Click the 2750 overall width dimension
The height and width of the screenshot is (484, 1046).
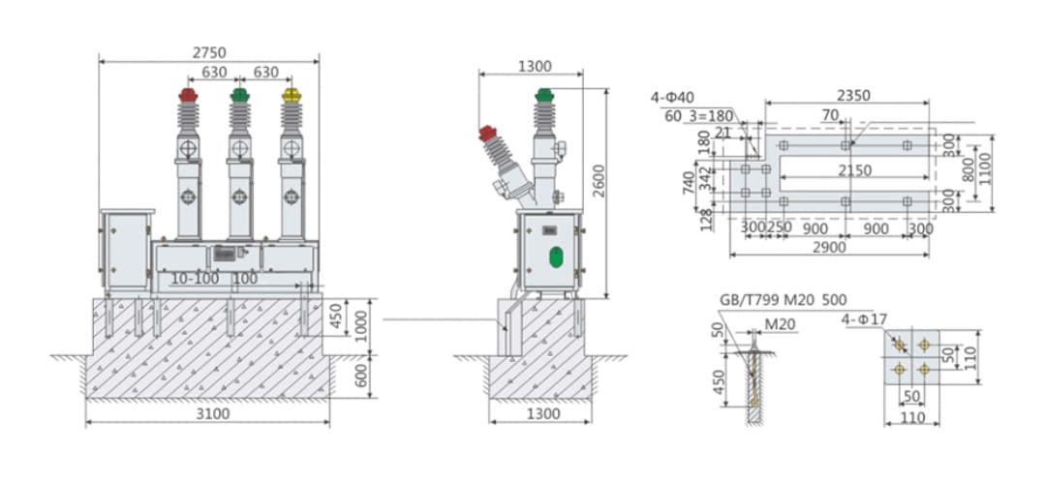tap(208, 50)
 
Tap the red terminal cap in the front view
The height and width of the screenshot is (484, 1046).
tap(188, 95)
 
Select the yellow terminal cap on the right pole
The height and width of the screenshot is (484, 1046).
tap(291, 95)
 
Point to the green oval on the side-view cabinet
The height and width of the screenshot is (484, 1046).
tap(556, 257)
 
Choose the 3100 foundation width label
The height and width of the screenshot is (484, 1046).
tap(207, 414)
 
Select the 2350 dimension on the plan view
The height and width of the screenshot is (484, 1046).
tap(853, 95)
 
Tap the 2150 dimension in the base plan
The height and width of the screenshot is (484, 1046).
tap(853, 170)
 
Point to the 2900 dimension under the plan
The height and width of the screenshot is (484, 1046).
tap(829, 248)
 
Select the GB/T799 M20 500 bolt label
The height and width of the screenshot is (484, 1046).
tap(775, 299)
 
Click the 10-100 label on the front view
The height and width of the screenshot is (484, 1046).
tap(195, 279)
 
